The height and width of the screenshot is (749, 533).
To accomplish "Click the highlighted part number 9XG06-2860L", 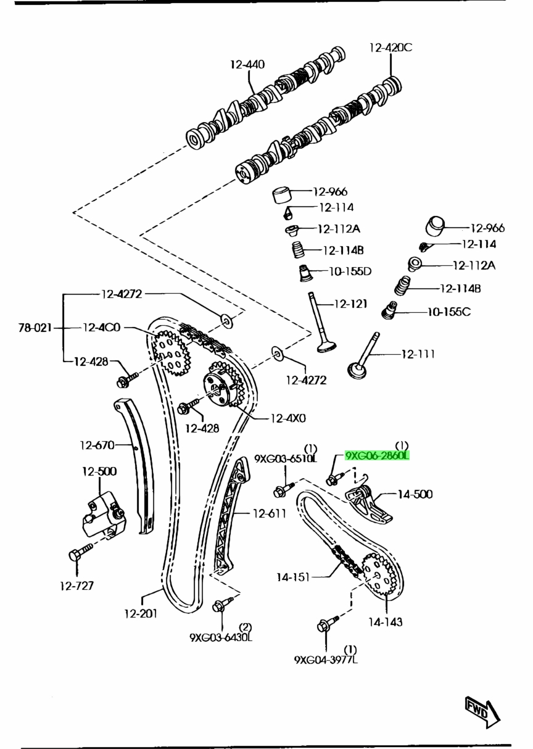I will (377, 456).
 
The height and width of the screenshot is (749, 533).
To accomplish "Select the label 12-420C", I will (390, 47).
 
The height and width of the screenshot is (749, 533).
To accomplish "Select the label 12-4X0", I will (287, 418).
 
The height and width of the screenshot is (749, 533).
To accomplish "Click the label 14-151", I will (293, 577).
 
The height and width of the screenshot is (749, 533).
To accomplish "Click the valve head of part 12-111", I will (358, 371).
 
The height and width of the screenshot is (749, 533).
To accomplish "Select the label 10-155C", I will (448, 312).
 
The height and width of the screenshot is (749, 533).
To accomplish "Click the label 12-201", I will (140, 613).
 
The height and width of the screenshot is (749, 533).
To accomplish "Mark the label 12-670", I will (97, 445).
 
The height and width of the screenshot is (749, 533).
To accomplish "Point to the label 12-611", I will (268, 513).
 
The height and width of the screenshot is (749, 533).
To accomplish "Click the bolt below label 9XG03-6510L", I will (281, 491).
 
